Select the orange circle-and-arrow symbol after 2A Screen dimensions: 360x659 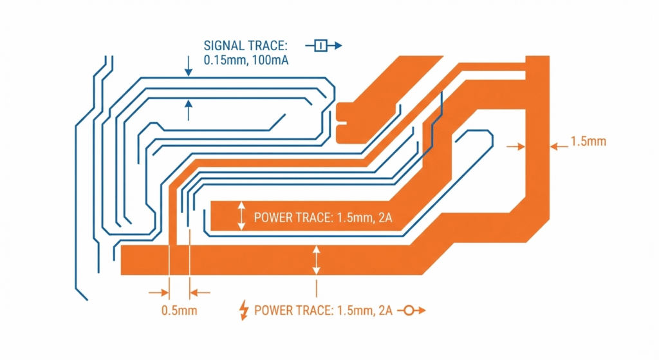point(415,310)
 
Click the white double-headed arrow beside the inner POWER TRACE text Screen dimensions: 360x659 point(241,216)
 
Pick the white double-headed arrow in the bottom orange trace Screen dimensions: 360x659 point(316,260)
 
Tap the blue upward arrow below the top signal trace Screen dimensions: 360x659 point(188,110)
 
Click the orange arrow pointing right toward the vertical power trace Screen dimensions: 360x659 point(515,147)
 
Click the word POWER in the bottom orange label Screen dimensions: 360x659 point(273,310)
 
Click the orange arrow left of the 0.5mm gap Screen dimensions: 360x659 point(157,292)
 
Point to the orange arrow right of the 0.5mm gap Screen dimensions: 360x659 point(201,292)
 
